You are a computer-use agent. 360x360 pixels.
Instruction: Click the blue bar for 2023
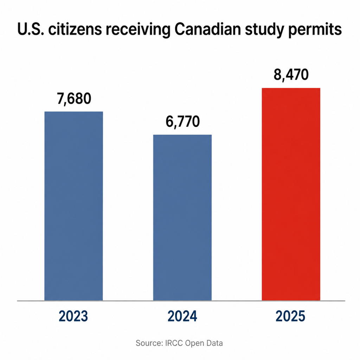pos(73,206)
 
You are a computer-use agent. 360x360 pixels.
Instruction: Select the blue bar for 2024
pos(182,217)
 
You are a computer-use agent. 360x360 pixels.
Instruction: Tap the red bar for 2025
pos(291,194)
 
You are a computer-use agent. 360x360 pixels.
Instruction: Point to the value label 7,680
pos(74,99)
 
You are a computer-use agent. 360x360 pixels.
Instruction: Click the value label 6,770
pos(182,122)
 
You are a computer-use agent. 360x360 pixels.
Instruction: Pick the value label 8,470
pos(291,75)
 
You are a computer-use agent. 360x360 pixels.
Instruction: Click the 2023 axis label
pos(73,316)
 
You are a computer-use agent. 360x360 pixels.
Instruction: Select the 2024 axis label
pos(182,316)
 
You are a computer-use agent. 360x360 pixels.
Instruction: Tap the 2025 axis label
pos(290,316)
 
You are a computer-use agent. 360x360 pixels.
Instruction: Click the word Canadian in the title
pos(207,30)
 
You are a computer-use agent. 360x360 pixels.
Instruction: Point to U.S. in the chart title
pos(31,30)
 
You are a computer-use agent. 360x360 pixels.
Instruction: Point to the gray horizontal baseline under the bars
pos(181,301)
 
